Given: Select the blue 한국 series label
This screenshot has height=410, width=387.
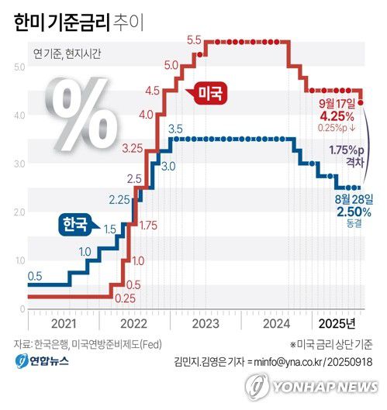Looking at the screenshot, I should pyautogui.click(x=74, y=225).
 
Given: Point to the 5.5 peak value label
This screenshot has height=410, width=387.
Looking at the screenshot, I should pyautogui.click(x=194, y=40).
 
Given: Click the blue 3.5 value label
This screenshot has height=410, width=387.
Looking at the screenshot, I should pyautogui.click(x=175, y=129).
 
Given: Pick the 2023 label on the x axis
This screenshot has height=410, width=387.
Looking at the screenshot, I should pyautogui.click(x=206, y=324).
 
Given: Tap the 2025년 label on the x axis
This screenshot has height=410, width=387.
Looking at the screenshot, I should pyautogui.click(x=338, y=324).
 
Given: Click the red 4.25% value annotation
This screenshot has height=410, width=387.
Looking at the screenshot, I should pyautogui.click(x=337, y=115).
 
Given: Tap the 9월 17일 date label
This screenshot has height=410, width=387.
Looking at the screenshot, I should pyautogui.click(x=337, y=102).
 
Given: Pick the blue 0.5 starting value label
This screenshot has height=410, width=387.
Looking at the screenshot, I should pyautogui.click(x=35, y=276).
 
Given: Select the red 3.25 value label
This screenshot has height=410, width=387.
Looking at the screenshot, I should pyautogui.click(x=132, y=147).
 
